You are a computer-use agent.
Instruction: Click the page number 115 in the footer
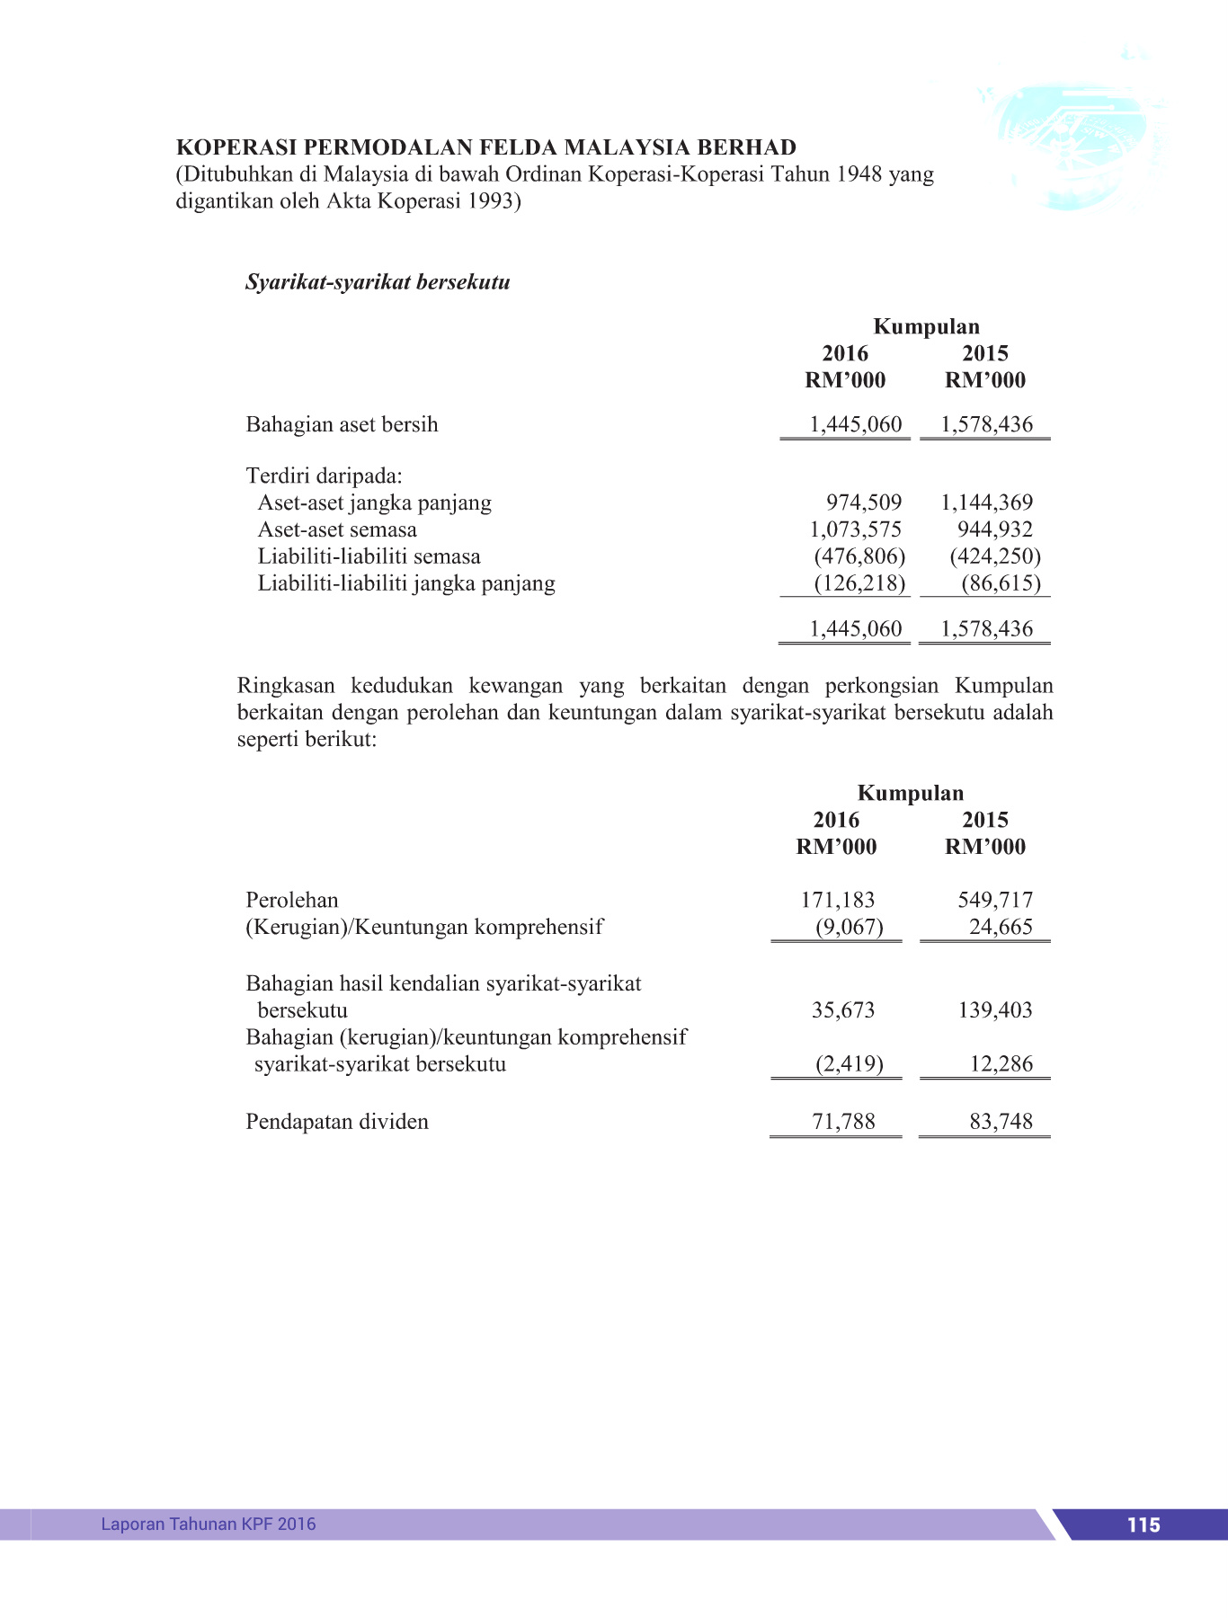[1143, 1525]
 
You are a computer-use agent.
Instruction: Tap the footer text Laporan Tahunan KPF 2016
[209, 1524]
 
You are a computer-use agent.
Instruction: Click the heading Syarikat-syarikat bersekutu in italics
[378, 282]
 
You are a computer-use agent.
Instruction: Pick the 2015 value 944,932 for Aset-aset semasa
[994, 529]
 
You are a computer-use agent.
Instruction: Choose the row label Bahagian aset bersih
[342, 424]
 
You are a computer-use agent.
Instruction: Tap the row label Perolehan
[292, 900]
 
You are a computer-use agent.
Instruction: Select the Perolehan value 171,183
[837, 900]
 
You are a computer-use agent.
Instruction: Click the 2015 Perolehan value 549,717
[994, 900]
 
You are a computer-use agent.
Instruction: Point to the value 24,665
[1001, 927]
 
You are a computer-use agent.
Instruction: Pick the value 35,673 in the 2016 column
[842, 1010]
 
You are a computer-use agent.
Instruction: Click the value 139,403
[994, 1010]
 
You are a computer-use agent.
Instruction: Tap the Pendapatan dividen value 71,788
[842, 1122]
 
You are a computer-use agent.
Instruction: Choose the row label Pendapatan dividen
[337, 1122]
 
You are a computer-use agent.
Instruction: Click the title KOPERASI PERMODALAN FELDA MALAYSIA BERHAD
[486, 147]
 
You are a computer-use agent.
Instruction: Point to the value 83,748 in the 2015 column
[1001, 1122]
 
